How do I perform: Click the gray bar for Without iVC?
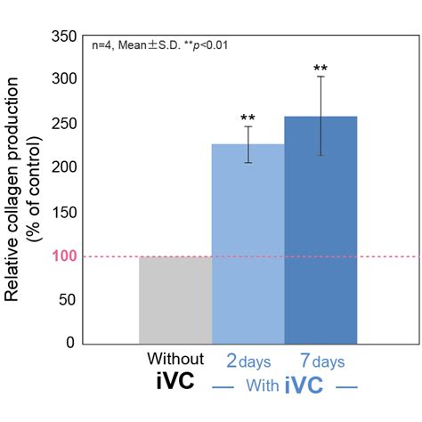point(175,300)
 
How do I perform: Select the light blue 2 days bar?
point(248,245)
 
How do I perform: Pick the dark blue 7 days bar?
point(320,230)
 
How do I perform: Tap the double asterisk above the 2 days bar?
point(248,118)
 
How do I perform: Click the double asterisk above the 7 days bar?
point(320,69)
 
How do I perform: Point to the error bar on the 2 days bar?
point(248,144)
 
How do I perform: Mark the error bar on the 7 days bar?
point(320,116)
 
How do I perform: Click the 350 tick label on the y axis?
point(62,36)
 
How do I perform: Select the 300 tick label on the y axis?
point(62,79)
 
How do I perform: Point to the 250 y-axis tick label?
point(62,123)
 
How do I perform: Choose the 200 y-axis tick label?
point(62,166)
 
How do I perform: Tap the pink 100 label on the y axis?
point(62,256)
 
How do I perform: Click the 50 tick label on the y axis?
point(67,299)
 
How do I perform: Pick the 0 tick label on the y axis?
point(71,343)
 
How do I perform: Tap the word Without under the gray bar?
point(175,360)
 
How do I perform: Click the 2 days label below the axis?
point(248,361)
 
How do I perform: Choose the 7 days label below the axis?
point(320,361)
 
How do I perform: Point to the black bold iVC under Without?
point(175,386)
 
